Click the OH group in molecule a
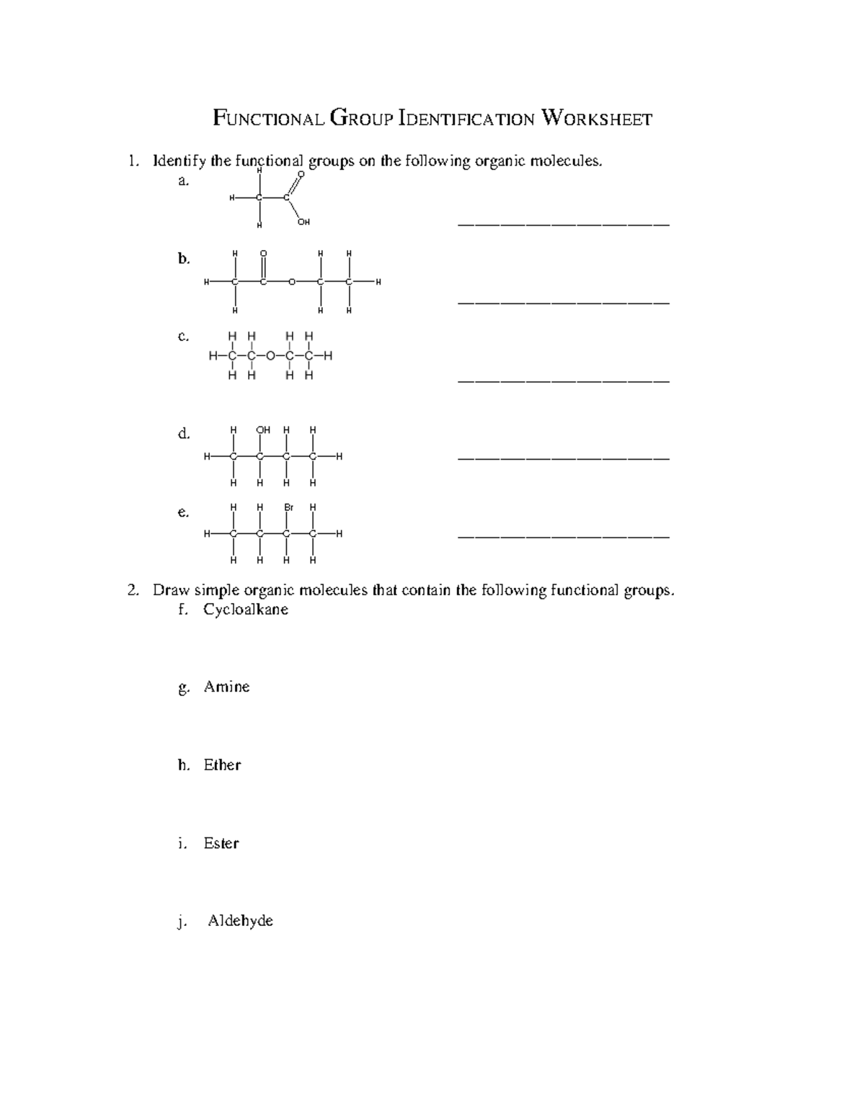[303, 223]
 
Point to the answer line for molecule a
[564, 224]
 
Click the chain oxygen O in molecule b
[291, 282]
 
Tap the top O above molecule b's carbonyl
[263, 254]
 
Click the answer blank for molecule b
[564, 302]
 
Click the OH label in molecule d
[263, 430]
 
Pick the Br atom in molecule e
[288, 507]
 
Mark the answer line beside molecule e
[564, 536]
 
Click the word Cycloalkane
[246, 610]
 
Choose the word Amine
[226, 687]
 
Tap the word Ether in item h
[222, 765]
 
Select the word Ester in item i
[221, 843]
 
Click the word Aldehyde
[240, 921]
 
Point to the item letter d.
[183, 434]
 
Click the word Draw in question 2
[170, 591]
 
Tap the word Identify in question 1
[179, 161]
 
